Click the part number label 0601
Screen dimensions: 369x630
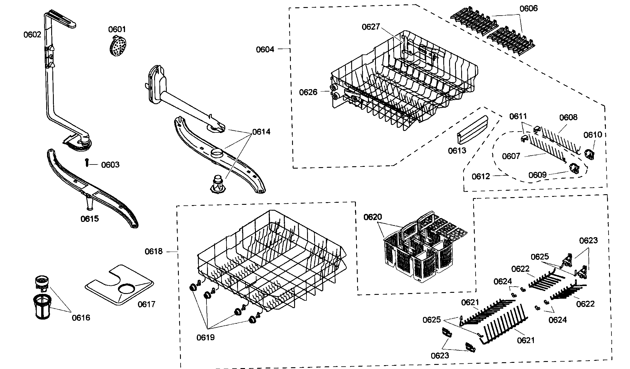tap(117, 29)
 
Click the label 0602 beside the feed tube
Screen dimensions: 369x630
tap(32, 35)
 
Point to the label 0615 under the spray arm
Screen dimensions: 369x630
tap(90, 219)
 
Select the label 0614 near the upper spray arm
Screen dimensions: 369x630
tap(261, 132)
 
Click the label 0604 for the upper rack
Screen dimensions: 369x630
tap(265, 49)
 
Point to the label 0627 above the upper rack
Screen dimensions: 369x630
tap(371, 27)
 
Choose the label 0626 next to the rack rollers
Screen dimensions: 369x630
tap(308, 92)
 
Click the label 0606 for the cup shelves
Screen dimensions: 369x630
tap(529, 9)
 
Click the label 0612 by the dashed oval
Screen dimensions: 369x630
tap(481, 176)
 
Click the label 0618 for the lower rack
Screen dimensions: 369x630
tap(154, 251)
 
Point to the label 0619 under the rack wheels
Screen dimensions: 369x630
tap(206, 337)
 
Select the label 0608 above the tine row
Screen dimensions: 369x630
tap(568, 117)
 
